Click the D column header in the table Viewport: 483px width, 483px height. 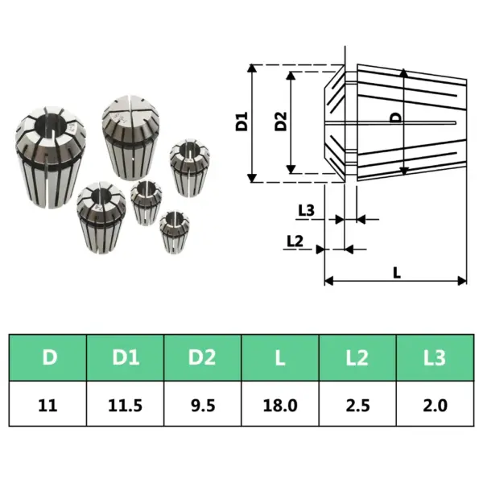point(50,357)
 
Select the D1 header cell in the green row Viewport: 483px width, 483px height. point(126,357)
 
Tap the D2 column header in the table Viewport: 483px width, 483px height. point(204,357)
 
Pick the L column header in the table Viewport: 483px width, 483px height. point(280,357)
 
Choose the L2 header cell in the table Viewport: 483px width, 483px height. point(357,357)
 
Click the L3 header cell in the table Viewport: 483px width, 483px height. point(434,357)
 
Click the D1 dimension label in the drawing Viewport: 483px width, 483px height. point(241,123)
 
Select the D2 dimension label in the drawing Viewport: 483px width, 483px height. point(279,122)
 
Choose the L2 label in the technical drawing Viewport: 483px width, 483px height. point(294,241)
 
